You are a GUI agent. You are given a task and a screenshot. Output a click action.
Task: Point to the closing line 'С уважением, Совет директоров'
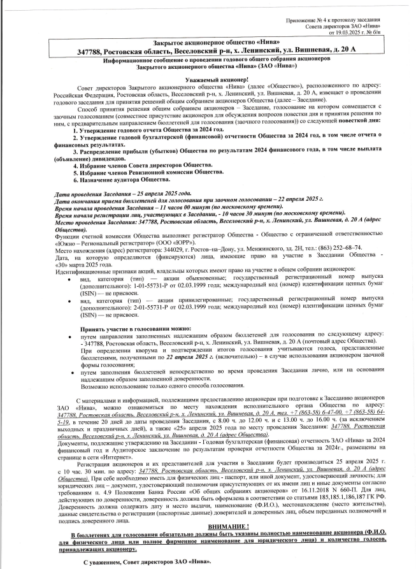[147, 562]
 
